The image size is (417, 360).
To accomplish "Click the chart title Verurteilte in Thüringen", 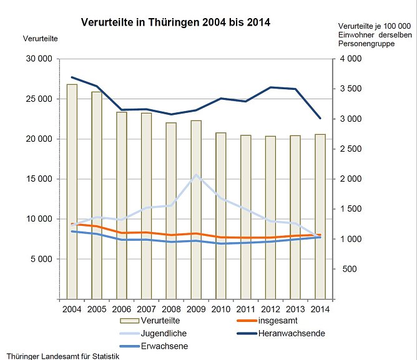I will coord(175,22).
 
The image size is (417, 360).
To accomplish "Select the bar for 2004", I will coord(72,191).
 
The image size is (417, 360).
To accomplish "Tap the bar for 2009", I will coord(195,209).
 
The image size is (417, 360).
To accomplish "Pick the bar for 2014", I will coord(320,216).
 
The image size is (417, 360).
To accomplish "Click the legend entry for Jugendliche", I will coord(164,333).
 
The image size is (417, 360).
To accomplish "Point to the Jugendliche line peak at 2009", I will coord(196,175).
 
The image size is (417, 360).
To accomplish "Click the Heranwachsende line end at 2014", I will coord(320,118).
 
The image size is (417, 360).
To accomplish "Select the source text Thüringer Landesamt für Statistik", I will coord(59,356).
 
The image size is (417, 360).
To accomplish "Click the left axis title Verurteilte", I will coord(40,39).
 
